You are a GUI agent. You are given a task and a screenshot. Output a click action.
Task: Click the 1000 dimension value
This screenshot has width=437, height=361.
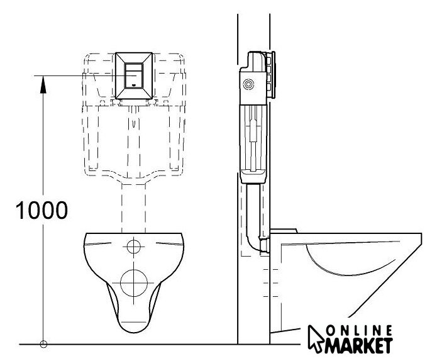[x=41, y=210]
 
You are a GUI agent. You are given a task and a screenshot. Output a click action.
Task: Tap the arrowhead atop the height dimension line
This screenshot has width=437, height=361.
[x=43, y=84]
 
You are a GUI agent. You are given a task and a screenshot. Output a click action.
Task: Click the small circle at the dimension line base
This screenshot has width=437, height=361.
[x=43, y=344]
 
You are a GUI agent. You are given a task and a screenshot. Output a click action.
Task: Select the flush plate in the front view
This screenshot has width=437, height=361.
[x=134, y=75]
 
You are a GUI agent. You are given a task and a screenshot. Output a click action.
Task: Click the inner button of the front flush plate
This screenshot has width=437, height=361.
[x=134, y=75]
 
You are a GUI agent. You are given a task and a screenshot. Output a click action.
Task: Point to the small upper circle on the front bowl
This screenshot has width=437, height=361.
[x=134, y=247]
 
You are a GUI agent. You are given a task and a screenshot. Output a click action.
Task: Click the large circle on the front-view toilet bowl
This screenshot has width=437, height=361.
[x=134, y=283]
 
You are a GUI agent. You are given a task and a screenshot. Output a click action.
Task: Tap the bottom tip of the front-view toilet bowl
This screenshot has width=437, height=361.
[x=134, y=332]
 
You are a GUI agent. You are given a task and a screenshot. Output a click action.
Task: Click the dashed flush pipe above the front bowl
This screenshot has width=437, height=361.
[x=133, y=208]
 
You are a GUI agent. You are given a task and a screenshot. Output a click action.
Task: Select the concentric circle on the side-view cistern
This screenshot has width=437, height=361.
[x=248, y=84]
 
